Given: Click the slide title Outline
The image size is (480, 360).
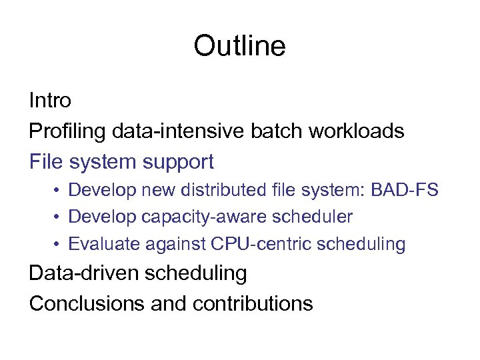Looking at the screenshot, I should pyautogui.click(x=239, y=46).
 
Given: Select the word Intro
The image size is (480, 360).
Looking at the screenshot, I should pyautogui.click(x=50, y=101).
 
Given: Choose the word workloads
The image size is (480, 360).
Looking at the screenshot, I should pyautogui.click(x=356, y=131).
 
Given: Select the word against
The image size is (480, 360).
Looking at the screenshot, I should pyautogui.click(x=171, y=244).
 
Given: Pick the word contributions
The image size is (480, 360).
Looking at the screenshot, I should pyautogui.click(x=253, y=303).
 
